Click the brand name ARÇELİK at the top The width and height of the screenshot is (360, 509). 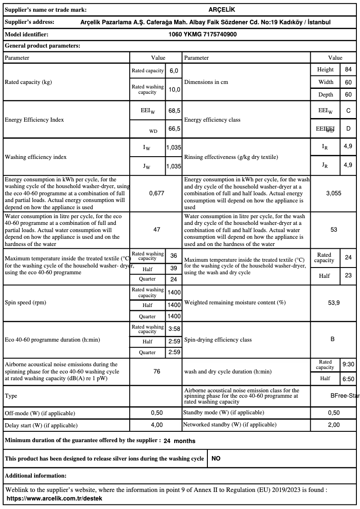pyautogui.click(x=222, y=9)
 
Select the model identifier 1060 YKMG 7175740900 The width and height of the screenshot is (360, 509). pyautogui.click(x=202, y=34)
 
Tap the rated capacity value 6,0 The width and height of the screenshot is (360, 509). pyautogui.click(x=174, y=71)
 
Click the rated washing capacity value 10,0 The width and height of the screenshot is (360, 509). pyautogui.click(x=174, y=89)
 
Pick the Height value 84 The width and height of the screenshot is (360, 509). pyautogui.click(x=348, y=70)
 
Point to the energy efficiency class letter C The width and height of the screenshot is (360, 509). pyautogui.click(x=348, y=110)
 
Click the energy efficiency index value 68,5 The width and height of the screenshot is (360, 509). pyautogui.click(x=174, y=110)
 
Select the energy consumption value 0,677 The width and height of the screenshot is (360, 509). pyautogui.click(x=157, y=193)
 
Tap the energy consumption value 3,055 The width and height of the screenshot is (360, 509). pyautogui.click(x=334, y=193)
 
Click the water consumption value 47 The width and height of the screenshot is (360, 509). pyautogui.click(x=157, y=229)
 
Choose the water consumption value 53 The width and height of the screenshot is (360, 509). pyautogui.click(x=334, y=229)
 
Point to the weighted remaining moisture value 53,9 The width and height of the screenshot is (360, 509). pyautogui.click(x=334, y=303)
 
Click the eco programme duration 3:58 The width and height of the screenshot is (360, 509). pyautogui.click(x=174, y=329)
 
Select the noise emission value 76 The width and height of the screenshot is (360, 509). pyautogui.click(x=157, y=372)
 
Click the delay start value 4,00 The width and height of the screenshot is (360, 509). pyautogui.click(x=157, y=425)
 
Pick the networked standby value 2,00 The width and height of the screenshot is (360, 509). pyautogui.click(x=334, y=425)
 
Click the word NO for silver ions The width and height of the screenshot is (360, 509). pyautogui.click(x=216, y=459)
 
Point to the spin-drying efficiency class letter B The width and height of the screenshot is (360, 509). pyautogui.click(x=333, y=339)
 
